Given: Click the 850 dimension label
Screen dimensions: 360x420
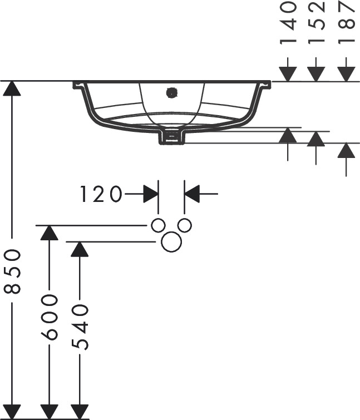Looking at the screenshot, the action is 12,271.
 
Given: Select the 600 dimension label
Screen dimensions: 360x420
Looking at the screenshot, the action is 50,317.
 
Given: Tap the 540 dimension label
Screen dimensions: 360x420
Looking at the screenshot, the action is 80,327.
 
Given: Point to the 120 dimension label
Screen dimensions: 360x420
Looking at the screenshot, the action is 101,194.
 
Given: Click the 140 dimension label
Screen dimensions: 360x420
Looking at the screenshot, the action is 288,23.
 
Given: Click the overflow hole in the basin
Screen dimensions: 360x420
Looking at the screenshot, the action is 171,93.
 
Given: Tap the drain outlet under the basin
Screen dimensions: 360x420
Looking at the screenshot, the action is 172,137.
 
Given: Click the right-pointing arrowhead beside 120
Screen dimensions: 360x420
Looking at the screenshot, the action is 151,194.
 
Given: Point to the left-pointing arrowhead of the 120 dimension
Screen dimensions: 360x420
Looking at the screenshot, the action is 192,194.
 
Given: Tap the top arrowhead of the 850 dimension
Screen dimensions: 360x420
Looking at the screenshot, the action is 12,88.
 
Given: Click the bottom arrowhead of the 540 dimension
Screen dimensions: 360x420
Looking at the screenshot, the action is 80,411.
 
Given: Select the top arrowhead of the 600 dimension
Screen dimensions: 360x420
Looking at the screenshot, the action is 50,233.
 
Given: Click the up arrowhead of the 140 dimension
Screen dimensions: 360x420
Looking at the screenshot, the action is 288,135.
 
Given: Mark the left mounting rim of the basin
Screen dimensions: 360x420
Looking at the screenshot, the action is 78,85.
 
